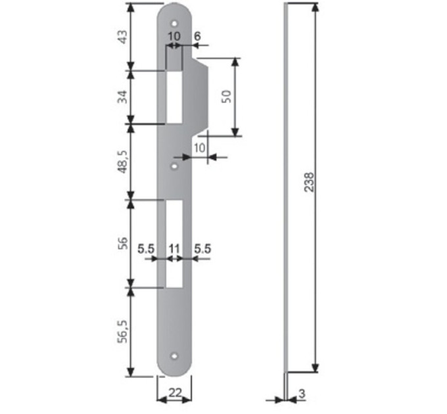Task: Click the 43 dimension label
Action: pos(122,37)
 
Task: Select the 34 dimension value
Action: pos(122,97)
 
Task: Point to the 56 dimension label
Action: pos(122,243)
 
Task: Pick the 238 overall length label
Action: pos(309,182)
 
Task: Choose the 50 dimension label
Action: pos(226,97)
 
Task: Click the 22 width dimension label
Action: pos(175,393)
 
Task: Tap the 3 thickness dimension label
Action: pos(302,394)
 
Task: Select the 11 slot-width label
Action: pos(174,249)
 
